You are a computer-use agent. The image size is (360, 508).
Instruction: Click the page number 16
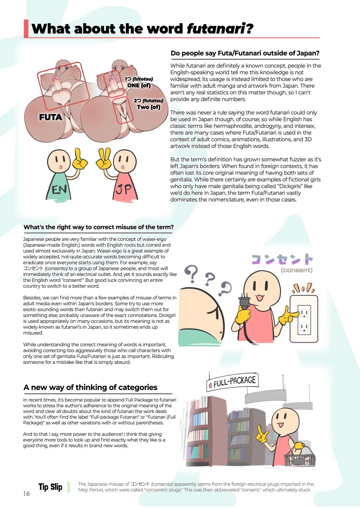click(x=26, y=493)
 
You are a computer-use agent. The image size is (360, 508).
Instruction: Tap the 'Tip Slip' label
click(x=50, y=487)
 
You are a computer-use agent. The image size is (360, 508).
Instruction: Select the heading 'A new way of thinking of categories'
click(x=90, y=387)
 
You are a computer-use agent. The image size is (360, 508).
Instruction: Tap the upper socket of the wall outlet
click(x=304, y=313)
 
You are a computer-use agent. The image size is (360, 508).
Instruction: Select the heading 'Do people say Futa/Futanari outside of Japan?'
click(x=245, y=53)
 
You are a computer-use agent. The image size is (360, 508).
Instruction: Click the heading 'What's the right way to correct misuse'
click(x=98, y=227)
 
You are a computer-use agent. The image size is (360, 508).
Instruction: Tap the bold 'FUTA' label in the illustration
click(x=51, y=118)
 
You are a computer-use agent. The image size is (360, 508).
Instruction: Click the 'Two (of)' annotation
click(x=148, y=107)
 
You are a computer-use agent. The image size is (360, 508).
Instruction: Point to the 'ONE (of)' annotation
click(x=139, y=85)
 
